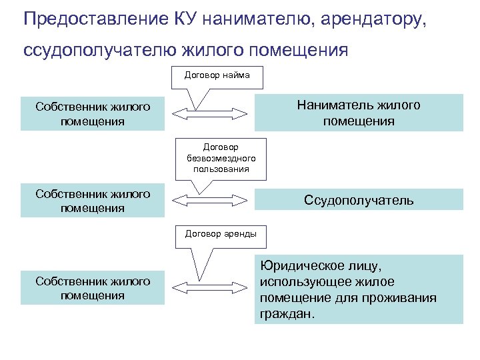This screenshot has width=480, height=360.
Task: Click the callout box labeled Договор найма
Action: point(217,76)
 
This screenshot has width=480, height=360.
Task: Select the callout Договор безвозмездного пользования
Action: point(217,158)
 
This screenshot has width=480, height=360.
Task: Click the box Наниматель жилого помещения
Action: point(359,113)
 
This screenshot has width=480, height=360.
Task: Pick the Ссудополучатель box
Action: point(359,200)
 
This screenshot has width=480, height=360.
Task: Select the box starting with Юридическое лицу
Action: point(359,289)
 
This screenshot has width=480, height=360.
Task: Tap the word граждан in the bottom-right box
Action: point(286,313)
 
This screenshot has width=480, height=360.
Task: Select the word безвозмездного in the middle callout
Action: point(217,158)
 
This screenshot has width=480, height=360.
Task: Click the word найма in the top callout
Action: point(236,75)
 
